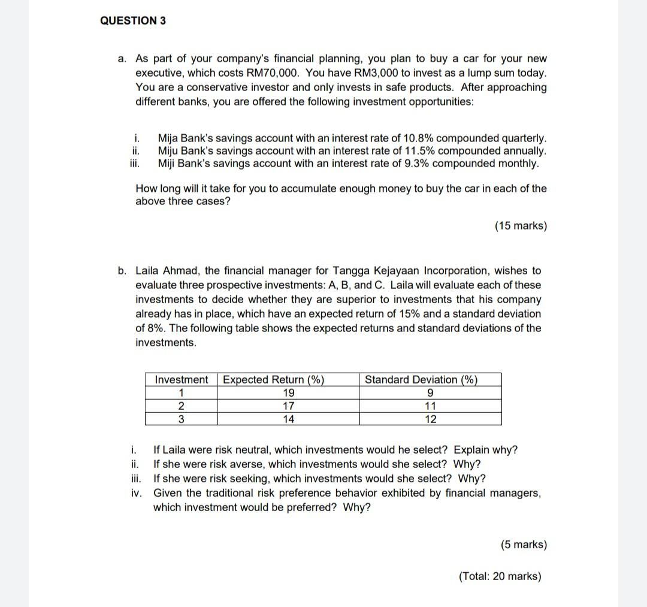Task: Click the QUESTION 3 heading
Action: point(133,20)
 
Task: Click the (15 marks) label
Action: point(521,226)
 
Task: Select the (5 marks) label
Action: point(524,545)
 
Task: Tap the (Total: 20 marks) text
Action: point(500,576)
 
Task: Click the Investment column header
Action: point(181,379)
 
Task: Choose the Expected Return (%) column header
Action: point(273,379)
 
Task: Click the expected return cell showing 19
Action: point(288,393)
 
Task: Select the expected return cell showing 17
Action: point(288,406)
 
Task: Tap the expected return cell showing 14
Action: point(288,419)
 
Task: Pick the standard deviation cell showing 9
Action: point(430,393)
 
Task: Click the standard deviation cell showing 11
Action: point(430,406)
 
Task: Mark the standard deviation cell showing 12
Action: point(430,419)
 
